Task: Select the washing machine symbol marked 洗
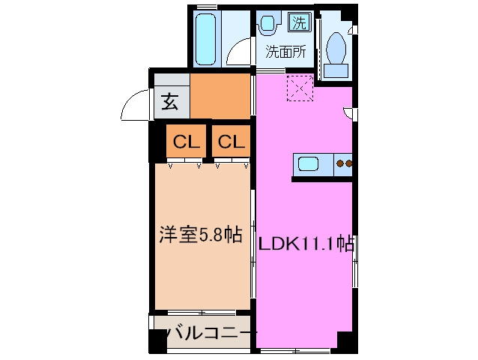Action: (298, 22)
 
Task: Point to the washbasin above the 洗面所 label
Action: (267, 25)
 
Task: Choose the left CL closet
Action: (183, 141)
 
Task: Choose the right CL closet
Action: (230, 141)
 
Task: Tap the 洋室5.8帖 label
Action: (199, 235)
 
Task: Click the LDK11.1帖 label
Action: (306, 243)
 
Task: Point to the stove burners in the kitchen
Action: (344, 163)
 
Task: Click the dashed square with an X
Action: (300, 88)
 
